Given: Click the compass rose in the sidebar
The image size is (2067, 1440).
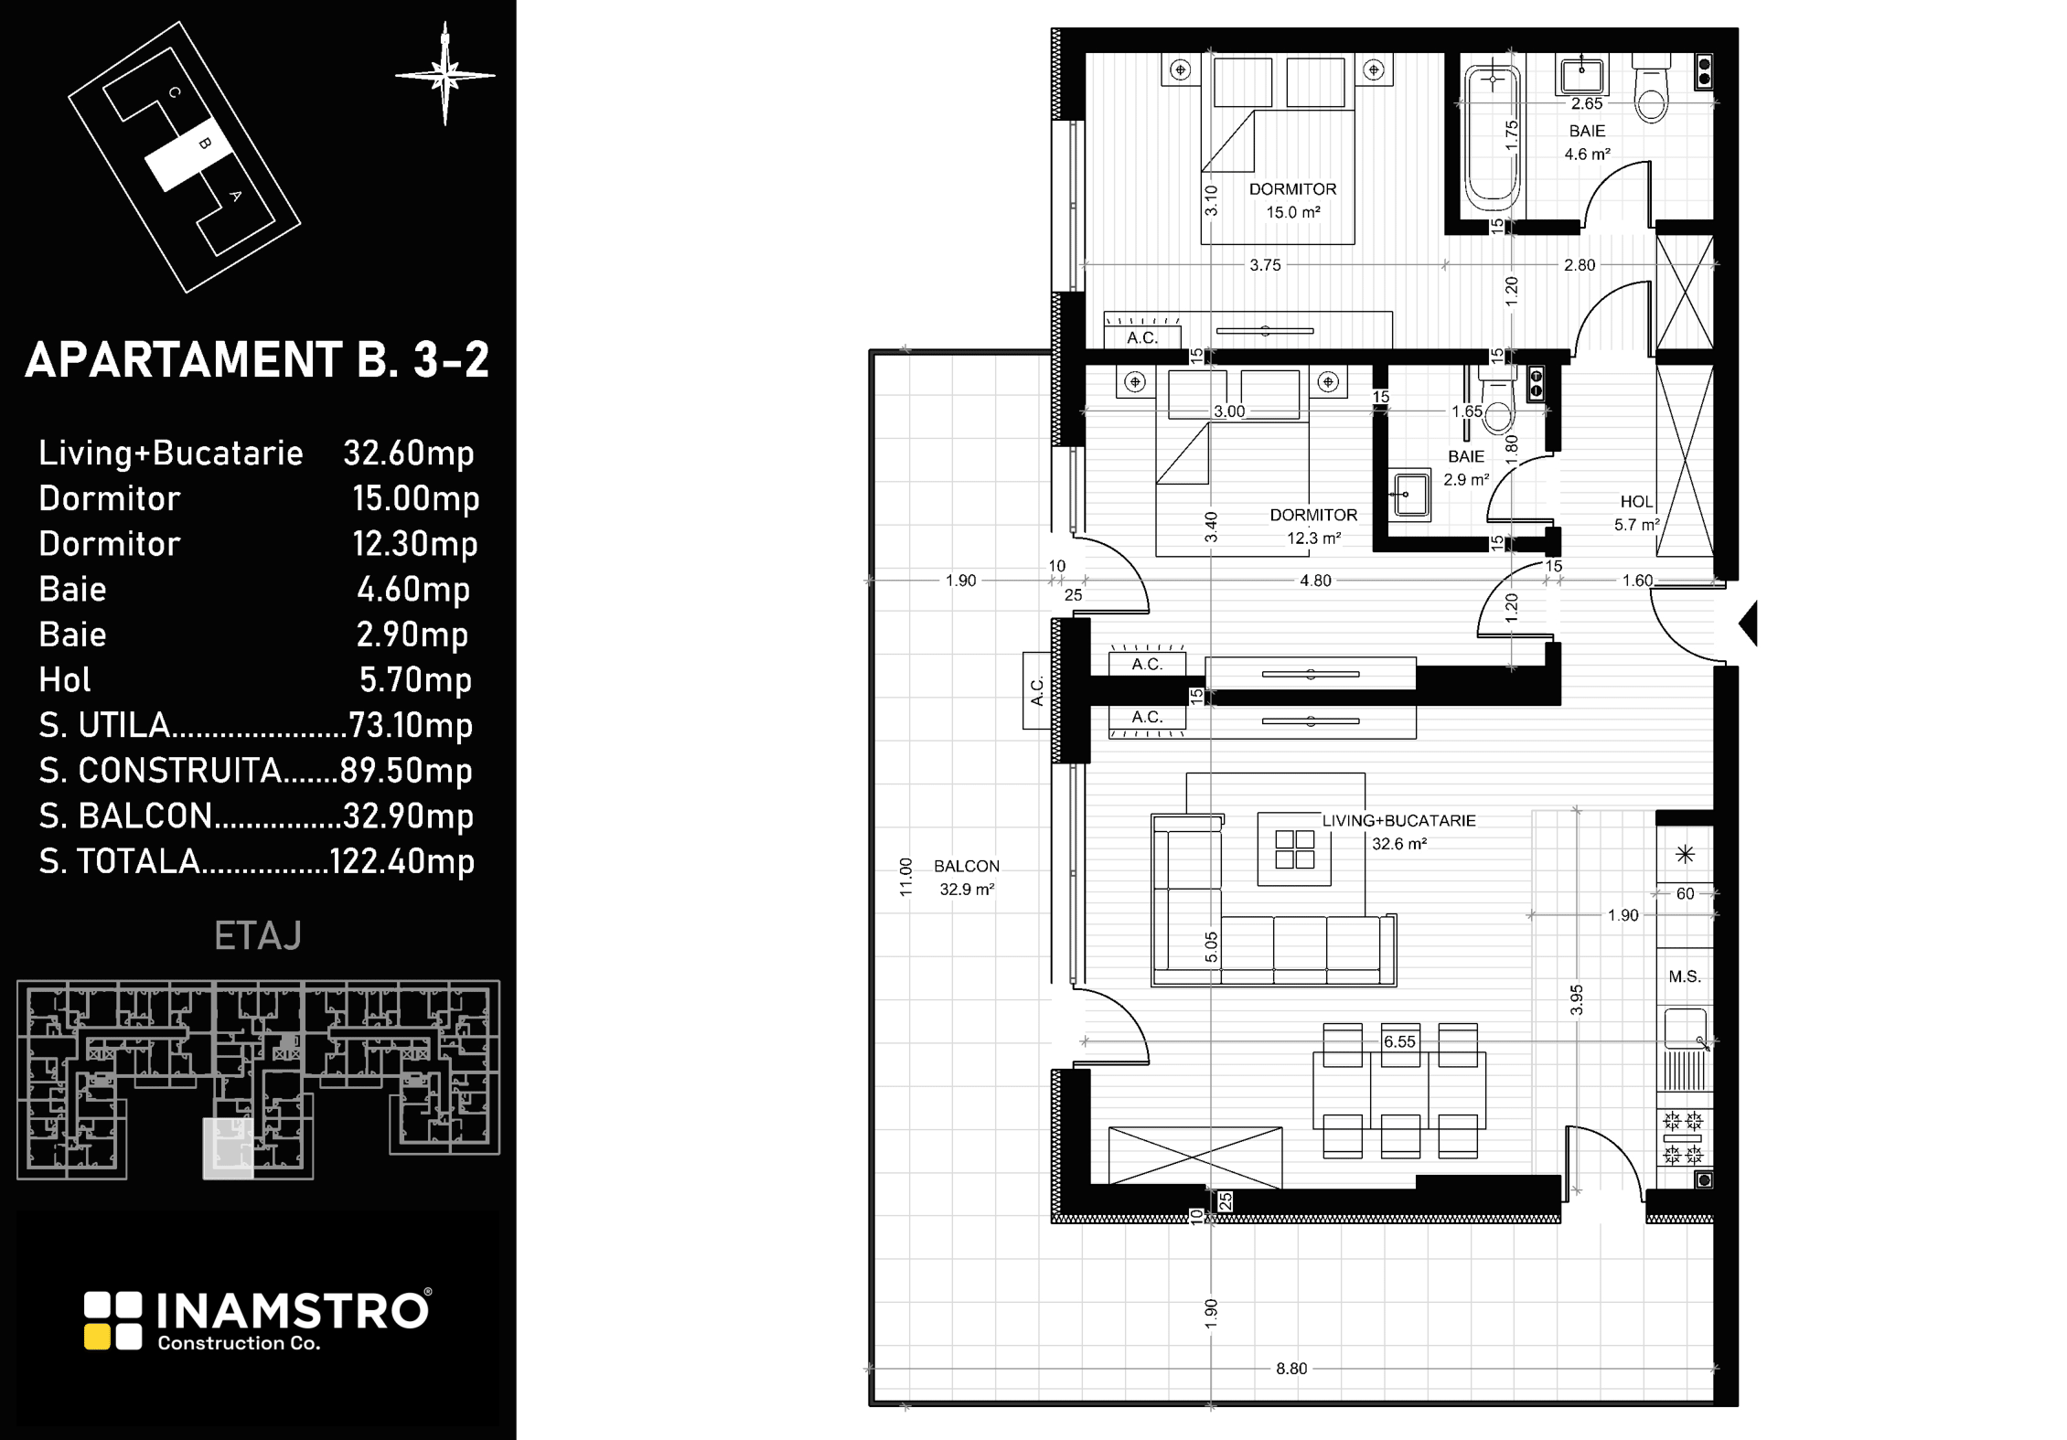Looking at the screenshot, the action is click(445, 74).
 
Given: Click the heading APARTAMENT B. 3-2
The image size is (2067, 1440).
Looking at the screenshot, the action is click(257, 359).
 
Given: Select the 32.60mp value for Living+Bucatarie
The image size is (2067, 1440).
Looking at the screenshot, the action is click(409, 453).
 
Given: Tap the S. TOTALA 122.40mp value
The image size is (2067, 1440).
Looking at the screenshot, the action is click(402, 861).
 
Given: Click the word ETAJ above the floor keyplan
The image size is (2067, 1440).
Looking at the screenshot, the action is click(258, 936).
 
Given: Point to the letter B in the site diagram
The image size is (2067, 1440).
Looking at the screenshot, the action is click(205, 143).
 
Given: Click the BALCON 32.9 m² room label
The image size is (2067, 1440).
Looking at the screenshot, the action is click(967, 878).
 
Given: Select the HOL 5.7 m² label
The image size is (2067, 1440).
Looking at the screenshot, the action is click(1636, 513).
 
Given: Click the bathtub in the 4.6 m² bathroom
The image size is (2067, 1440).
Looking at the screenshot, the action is click(1493, 135).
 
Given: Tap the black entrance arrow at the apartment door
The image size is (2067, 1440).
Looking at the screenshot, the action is click(1748, 624).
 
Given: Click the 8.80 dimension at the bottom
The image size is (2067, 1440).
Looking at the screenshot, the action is click(1291, 1369).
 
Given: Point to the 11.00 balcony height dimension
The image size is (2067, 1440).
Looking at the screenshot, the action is click(905, 877).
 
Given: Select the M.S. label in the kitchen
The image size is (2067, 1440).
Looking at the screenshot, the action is click(1685, 976).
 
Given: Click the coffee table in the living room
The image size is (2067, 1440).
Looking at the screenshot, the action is click(1294, 849).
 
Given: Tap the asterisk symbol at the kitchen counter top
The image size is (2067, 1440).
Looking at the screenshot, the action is click(1685, 854).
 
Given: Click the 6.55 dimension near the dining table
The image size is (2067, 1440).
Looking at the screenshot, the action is click(1399, 1041).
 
